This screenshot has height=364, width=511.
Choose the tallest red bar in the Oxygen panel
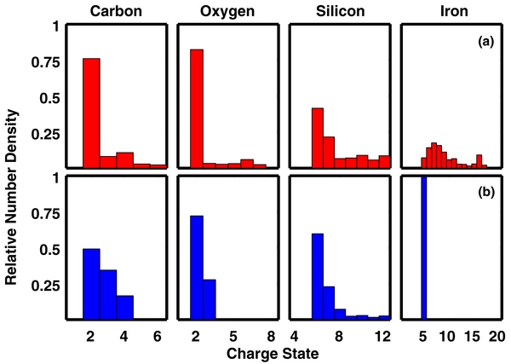[x=196, y=108]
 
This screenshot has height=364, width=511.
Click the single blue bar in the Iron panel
[x=423, y=248]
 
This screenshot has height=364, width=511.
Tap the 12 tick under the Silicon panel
[x=382, y=335]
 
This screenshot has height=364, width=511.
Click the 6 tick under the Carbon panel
[x=158, y=335]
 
